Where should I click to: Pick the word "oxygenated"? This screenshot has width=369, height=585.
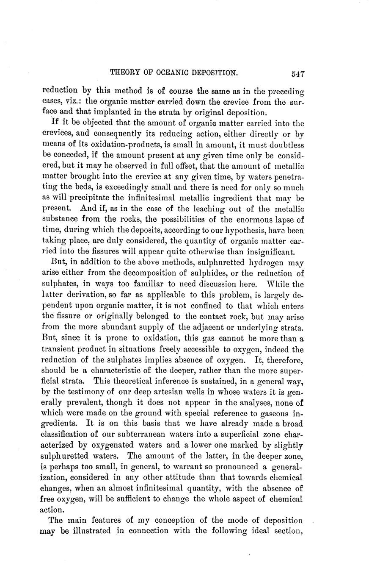tap(118, 445)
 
